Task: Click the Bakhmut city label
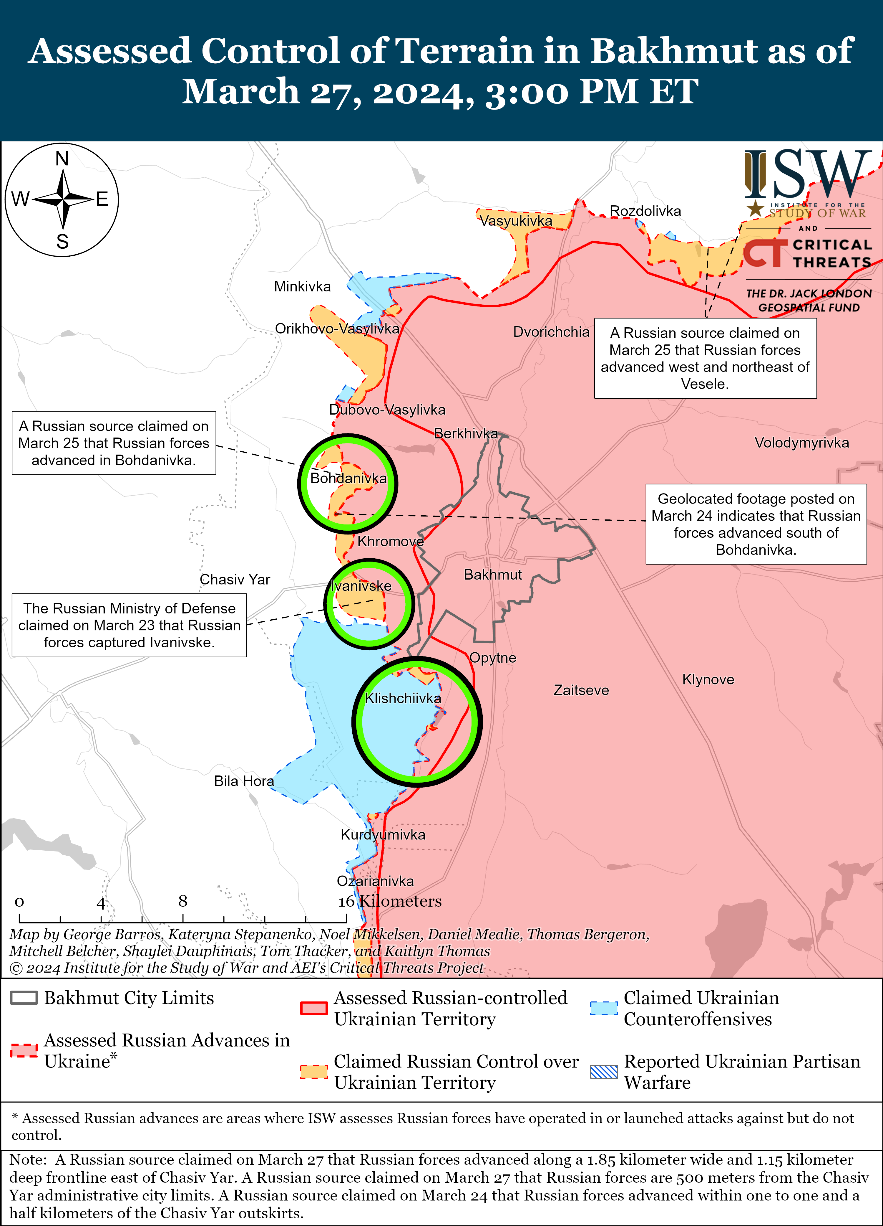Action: [x=492, y=575]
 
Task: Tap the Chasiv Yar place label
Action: [x=235, y=580]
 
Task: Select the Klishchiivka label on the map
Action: [x=403, y=698]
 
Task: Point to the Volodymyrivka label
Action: [x=801, y=443]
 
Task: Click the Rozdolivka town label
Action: [x=645, y=211]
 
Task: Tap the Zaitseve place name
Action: [x=581, y=690]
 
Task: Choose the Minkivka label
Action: [x=303, y=286]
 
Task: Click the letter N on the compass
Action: [x=62, y=159]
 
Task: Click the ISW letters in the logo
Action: [x=809, y=175]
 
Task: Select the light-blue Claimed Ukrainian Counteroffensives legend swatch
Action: [x=604, y=1009]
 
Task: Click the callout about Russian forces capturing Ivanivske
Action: [x=129, y=626]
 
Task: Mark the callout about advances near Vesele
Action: [x=705, y=358]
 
